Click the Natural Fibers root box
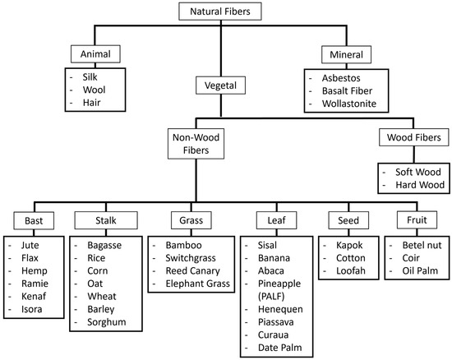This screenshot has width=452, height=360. [226, 12]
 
